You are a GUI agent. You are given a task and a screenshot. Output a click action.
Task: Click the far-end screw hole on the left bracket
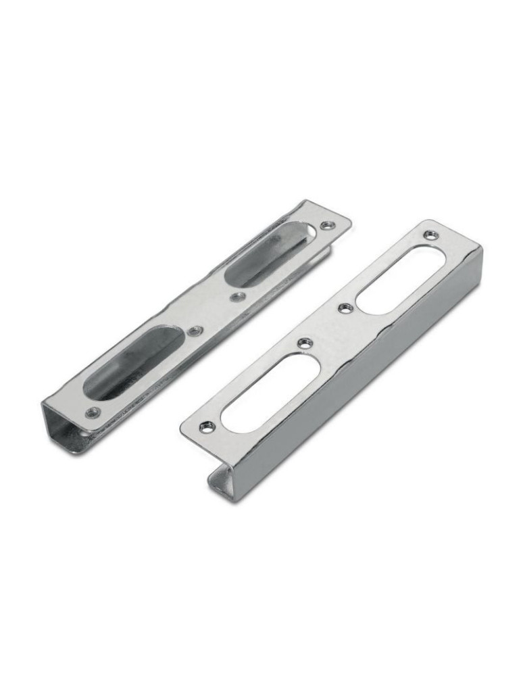click(x=327, y=225)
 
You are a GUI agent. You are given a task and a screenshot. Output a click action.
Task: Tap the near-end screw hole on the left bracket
click(x=93, y=412)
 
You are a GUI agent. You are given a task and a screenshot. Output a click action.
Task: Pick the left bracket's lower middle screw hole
click(x=195, y=331)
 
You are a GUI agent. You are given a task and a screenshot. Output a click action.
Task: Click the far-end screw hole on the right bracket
click(x=430, y=235)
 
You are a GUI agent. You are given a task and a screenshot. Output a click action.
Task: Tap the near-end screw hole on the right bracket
click(x=206, y=427)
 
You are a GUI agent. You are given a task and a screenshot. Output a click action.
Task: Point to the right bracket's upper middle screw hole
click(x=344, y=308)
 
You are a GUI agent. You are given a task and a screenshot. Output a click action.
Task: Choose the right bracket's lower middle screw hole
click(x=305, y=343)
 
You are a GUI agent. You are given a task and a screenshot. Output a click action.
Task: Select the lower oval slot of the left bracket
click(x=132, y=362)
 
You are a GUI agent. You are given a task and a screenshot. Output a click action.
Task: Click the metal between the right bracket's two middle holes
click(x=324, y=326)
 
